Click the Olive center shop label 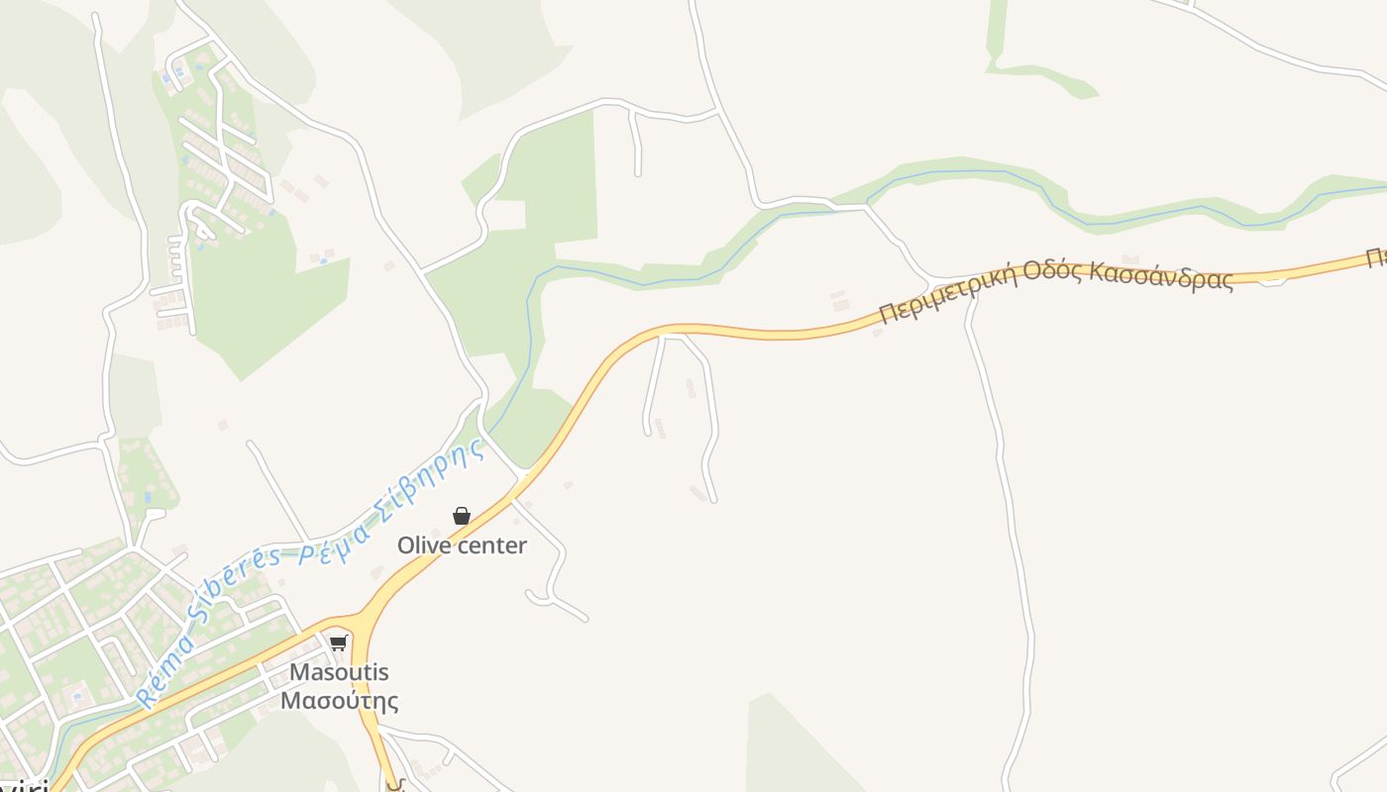(x=462, y=545)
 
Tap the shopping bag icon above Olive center (x=461, y=516)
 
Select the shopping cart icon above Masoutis (x=339, y=643)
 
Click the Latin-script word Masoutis (x=339, y=672)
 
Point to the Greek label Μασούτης (x=339, y=702)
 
